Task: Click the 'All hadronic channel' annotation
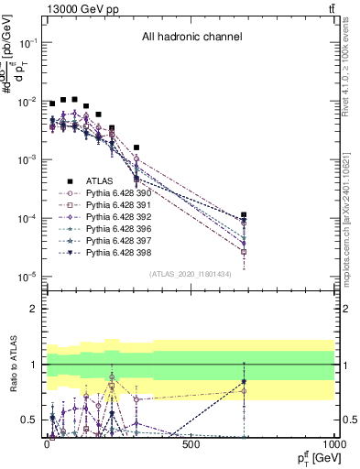pyautogui.click(x=191, y=38)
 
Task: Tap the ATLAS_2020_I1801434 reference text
pyautogui.click(x=191, y=275)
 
